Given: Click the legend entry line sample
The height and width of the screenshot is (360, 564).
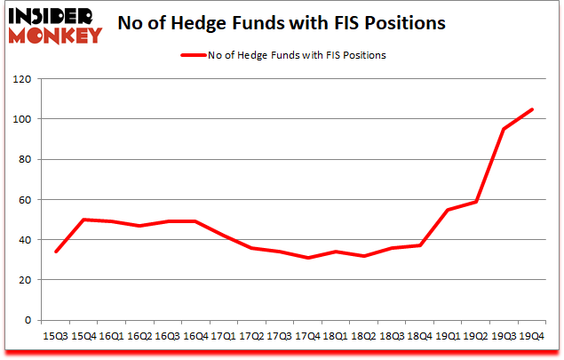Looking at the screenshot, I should click(x=193, y=55).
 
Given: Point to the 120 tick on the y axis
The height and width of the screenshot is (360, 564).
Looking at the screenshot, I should click(x=22, y=79).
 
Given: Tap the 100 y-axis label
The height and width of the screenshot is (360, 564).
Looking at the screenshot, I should click(x=22, y=119).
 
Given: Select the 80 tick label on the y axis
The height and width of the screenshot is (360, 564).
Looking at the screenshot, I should click(x=25, y=160).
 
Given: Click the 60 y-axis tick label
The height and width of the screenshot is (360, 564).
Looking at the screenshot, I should click(x=25, y=200).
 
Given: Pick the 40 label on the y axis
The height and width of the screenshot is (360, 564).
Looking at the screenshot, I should click(x=25, y=240).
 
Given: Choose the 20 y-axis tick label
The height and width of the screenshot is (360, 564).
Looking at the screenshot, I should click(x=25, y=280).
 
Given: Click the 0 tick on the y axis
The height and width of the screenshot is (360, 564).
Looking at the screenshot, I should click(x=28, y=320).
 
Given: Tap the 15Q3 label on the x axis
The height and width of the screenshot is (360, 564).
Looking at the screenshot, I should click(x=56, y=337).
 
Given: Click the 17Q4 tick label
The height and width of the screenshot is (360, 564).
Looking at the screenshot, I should click(x=306, y=337).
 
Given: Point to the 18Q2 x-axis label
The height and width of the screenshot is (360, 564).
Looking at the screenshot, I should click(x=363, y=337).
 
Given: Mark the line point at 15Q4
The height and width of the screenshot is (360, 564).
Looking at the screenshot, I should click(x=84, y=220).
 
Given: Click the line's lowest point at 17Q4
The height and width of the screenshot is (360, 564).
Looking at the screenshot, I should click(x=306, y=258).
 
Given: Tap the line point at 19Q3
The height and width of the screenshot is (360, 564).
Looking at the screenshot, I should click(x=504, y=129).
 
